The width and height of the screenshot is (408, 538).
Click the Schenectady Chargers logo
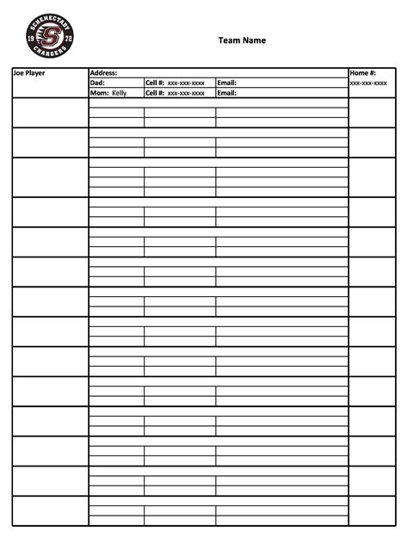[x=50, y=37]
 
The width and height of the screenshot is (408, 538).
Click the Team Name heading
[x=242, y=40]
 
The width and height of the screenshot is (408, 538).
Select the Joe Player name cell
[x=28, y=73]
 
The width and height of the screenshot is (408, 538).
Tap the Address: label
[x=103, y=73]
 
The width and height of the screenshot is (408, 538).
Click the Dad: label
[x=97, y=83]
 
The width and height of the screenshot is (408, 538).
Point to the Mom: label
[x=99, y=92]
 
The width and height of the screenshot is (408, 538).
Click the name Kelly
[x=119, y=92]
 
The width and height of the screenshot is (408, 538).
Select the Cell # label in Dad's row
[x=155, y=83]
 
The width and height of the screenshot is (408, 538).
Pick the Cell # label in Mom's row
[x=155, y=92]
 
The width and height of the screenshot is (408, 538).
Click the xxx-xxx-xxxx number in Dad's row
[x=186, y=83]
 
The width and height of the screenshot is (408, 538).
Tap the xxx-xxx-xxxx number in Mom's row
[x=186, y=92]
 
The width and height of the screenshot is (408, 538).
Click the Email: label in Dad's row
[x=227, y=83]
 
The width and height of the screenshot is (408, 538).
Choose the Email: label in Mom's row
[x=227, y=92]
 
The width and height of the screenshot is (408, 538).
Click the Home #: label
[x=363, y=73]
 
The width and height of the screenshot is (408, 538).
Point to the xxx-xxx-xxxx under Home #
[x=368, y=83]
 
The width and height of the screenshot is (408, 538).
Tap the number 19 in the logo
[x=32, y=38]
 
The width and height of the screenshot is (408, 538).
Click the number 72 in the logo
[x=68, y=40]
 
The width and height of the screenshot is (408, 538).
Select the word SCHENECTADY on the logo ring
[x=50, y=20]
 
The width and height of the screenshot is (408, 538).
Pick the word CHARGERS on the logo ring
[x=50, y=56]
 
